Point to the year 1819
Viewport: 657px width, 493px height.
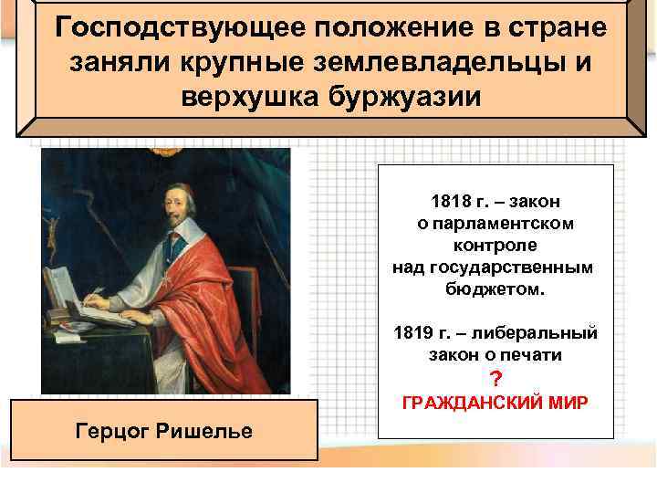click(x=412, y=330)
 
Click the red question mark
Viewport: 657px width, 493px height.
click(x=496, y=378)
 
